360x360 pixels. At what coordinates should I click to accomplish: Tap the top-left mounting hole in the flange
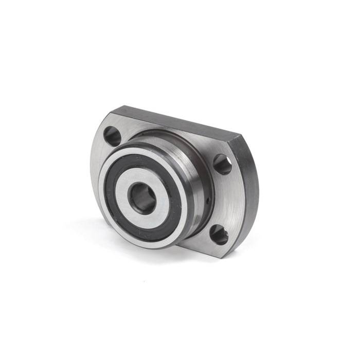tap(112, 135)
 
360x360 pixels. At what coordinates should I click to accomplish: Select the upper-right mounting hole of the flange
tap(222, 164)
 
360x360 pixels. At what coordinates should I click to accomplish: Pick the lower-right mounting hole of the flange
tap(219, 235)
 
